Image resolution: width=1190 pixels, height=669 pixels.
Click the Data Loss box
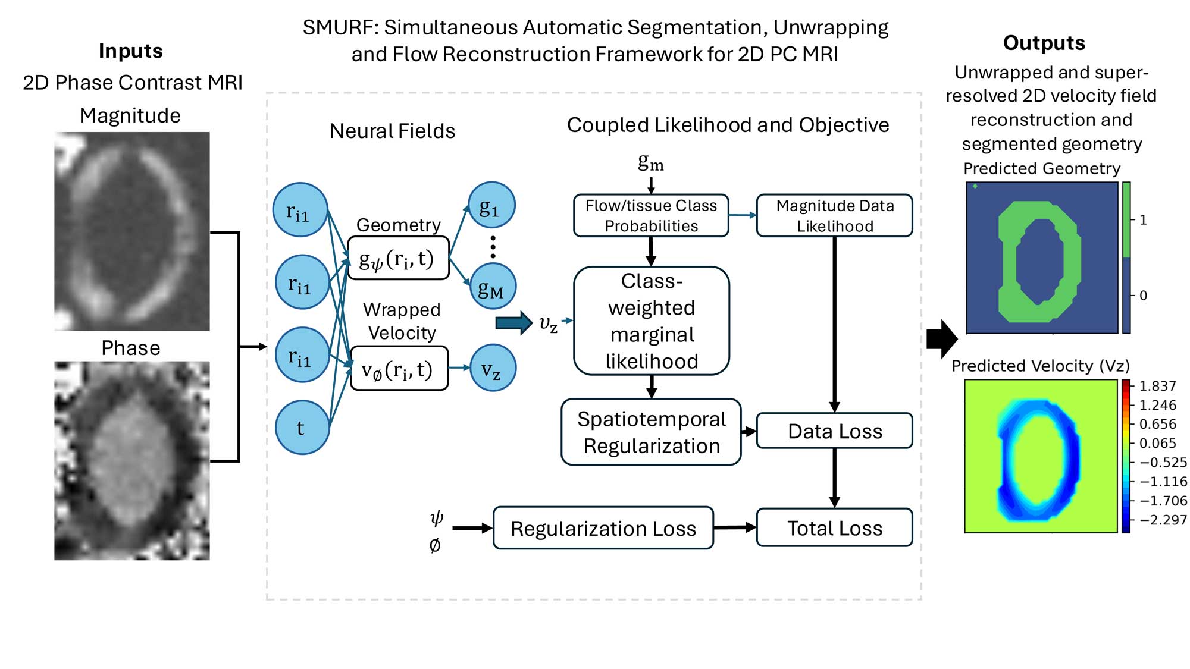[834, 431]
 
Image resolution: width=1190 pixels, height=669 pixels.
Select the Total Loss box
[834, 527]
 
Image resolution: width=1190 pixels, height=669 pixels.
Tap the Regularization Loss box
[603, 528]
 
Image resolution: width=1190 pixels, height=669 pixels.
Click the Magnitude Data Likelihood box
[834, 215]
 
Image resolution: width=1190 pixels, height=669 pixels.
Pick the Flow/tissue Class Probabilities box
[651, 215]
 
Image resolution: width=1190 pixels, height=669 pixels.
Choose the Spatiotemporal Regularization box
[651, 432]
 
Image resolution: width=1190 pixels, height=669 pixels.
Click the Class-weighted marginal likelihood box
[651, 321]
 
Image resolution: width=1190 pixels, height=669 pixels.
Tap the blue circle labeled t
[302, 428]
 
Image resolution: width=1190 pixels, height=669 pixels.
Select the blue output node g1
[491, 205]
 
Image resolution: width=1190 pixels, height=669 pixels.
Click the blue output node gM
[492, 287]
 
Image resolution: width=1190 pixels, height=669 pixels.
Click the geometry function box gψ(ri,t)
[398, 258]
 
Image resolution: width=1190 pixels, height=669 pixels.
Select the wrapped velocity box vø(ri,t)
[399, 369]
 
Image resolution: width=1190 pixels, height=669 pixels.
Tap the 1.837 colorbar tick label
[1157, 386]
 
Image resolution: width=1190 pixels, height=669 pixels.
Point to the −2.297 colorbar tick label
[1163, 520]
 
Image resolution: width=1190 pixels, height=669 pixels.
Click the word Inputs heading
[130, 51]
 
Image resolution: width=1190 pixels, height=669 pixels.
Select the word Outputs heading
[1044, 43]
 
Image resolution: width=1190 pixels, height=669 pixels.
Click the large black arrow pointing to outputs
[941, 339]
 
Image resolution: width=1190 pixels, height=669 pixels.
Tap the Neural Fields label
[392, 131]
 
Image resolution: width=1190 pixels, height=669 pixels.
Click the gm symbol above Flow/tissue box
[650, 162]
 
